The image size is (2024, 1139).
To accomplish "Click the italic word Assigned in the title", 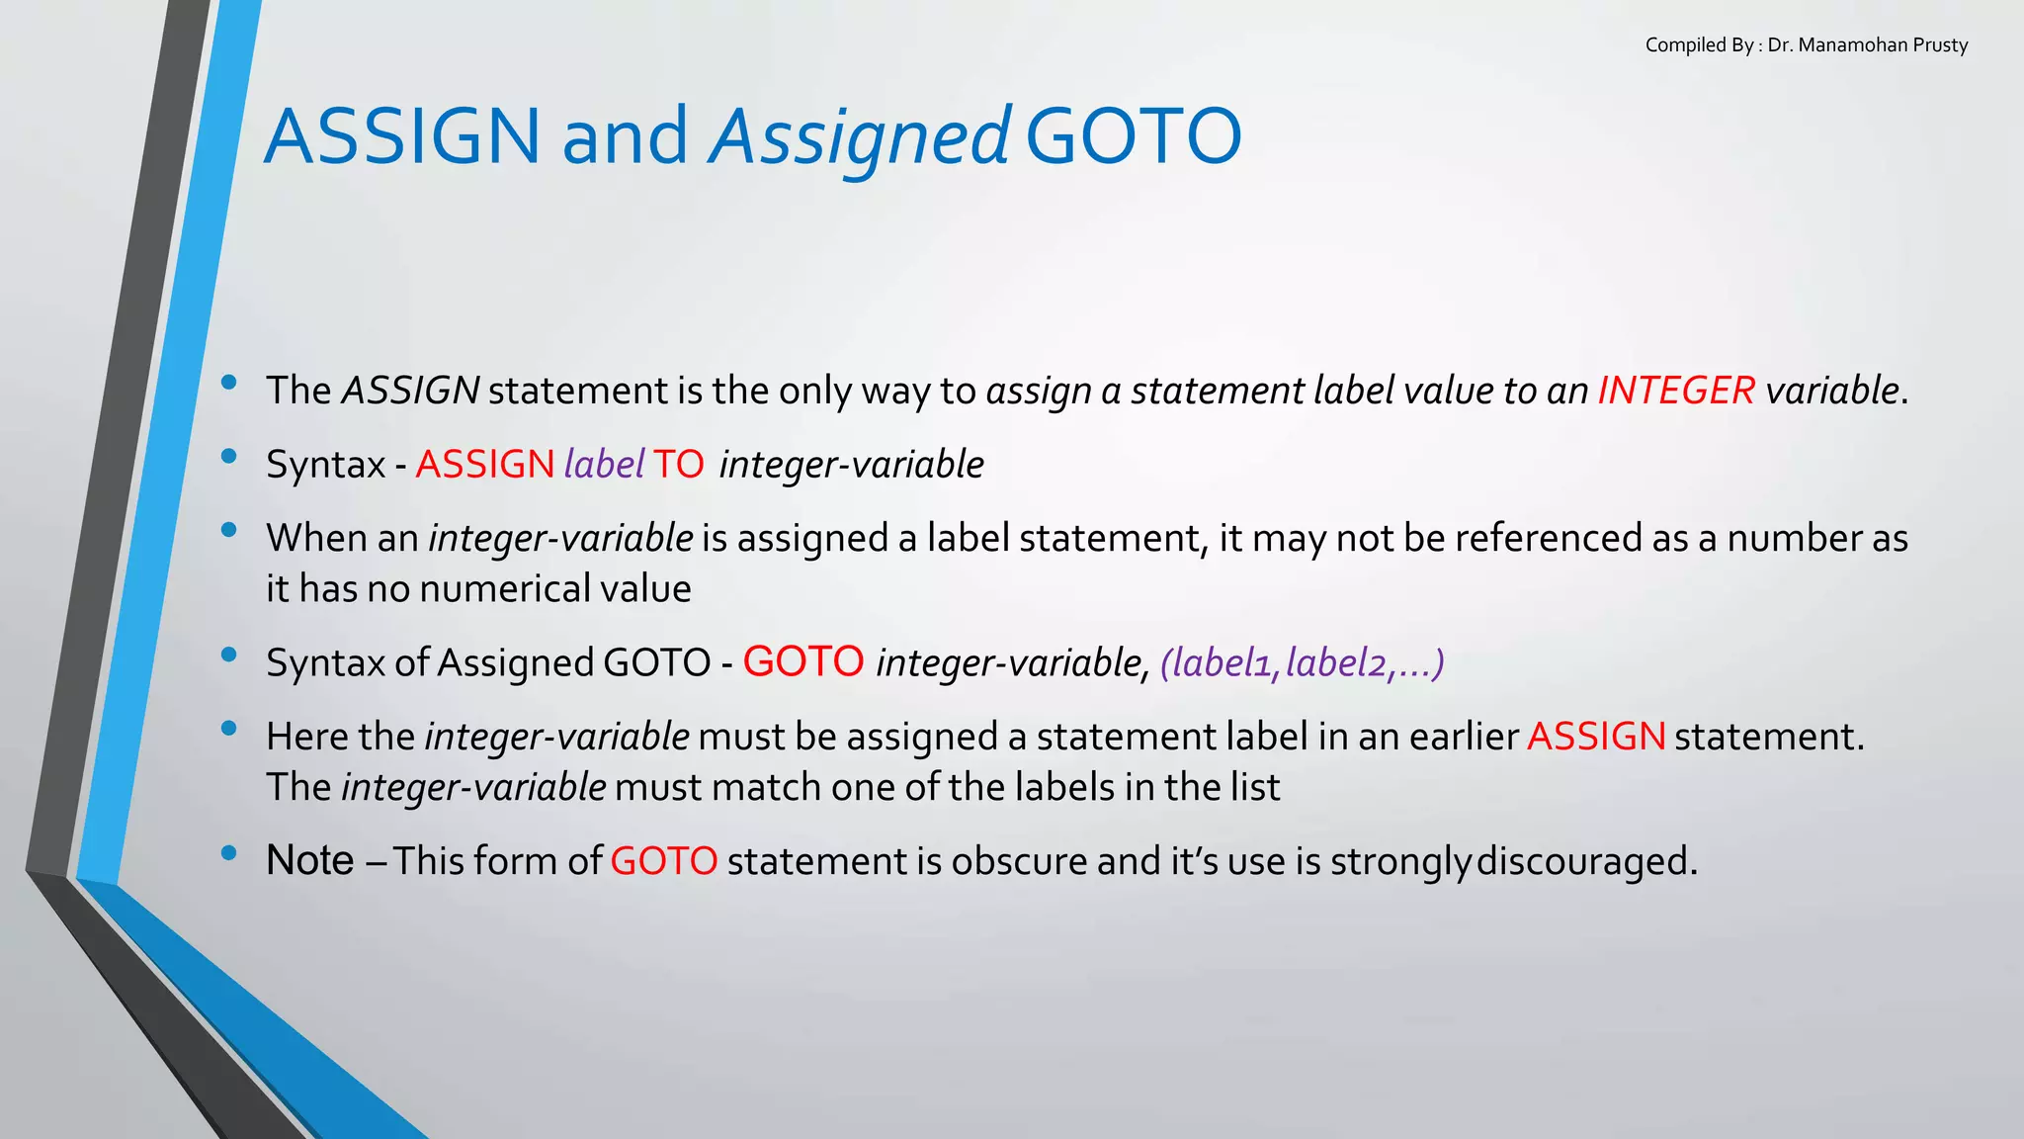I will point(860,136).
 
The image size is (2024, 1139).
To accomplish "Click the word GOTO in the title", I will point(1134,136).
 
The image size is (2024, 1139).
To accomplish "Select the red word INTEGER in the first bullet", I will point(1676,391).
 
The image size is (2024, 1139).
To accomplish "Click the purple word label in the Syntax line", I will point(604,464).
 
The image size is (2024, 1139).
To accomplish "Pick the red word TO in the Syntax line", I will point(678,464).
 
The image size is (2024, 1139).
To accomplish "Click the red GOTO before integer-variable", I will point(802,661).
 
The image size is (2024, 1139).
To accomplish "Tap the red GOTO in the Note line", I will point(663,861).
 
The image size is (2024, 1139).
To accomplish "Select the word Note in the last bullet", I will point(309,861).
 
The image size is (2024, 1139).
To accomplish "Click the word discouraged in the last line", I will point(1585,861).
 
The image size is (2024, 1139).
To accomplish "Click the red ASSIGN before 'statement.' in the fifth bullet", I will point(1596,737).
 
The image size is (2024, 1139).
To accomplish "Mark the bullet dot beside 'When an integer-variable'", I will point(229,530).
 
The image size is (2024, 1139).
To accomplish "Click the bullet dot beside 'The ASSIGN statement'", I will point(229,383).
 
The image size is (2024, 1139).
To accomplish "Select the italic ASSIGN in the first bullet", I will point(410,391).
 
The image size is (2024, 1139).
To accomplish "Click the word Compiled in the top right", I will point(1685,45).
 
